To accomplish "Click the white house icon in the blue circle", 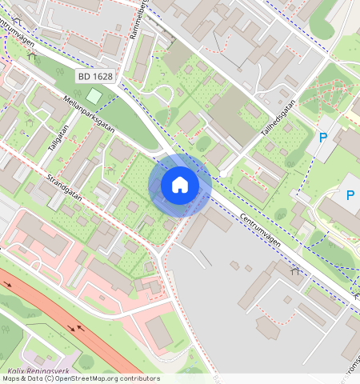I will (180, 185).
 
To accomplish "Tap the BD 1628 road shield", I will (94, 77).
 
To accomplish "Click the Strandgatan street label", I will (65, 186).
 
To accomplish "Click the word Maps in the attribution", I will (11, 378).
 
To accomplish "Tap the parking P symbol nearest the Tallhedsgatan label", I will (323, 138).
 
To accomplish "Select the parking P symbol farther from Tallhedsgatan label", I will (350, 194).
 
